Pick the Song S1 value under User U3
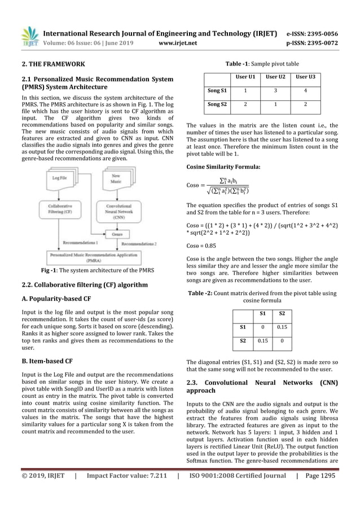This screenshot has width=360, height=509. click(x=305, y=90)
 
